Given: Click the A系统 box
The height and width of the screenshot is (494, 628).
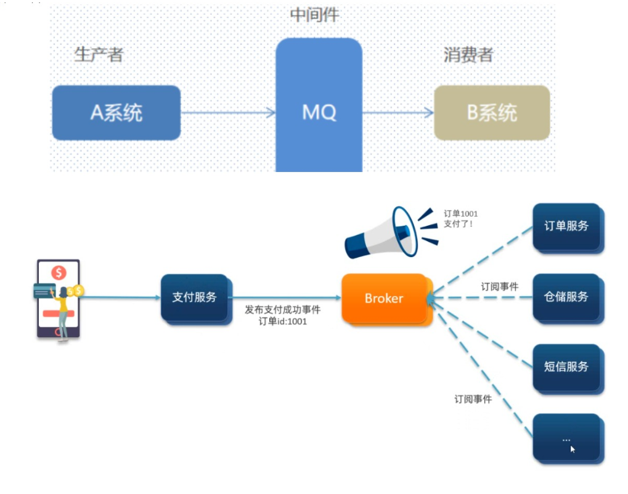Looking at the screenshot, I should [x=116, y=113].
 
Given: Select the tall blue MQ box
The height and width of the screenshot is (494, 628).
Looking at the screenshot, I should [x=319, y=105].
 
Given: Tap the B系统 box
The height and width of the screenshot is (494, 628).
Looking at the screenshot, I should [x=492, y=113].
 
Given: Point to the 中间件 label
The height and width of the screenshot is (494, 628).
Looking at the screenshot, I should [x=314, y=15].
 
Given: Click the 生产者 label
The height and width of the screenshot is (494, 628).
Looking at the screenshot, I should [x=99, y=54].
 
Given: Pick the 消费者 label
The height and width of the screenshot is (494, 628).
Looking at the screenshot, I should [x=468, y=55].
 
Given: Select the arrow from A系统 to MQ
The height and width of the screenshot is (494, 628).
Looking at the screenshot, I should [x=228, y=112].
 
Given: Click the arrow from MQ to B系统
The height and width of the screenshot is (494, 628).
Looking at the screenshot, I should [x=398, y=112].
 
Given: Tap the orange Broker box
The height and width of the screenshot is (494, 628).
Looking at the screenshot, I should [x=384, y=298].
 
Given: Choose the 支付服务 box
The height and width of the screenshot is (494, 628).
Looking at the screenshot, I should [x=195, y=297].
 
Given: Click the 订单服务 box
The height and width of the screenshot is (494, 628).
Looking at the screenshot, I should [x=566, y=226].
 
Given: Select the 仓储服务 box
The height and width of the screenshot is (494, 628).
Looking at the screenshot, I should [x=566, y=297].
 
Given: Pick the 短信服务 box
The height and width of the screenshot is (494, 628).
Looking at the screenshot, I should [x=566, y=366].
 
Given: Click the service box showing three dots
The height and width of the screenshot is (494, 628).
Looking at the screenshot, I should [x=566, y=437].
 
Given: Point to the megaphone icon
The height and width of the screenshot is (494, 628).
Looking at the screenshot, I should [x=388, y=233].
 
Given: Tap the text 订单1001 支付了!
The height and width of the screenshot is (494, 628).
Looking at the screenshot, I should [x=461, y=219].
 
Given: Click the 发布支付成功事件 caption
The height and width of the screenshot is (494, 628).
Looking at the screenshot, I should [x=283, y=310].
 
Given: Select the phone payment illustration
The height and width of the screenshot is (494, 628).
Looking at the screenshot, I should [x=59, y=299].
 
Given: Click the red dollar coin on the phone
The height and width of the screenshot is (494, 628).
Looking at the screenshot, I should [x=59, y=273].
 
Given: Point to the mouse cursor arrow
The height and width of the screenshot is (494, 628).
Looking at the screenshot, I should [x=573, y=450].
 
